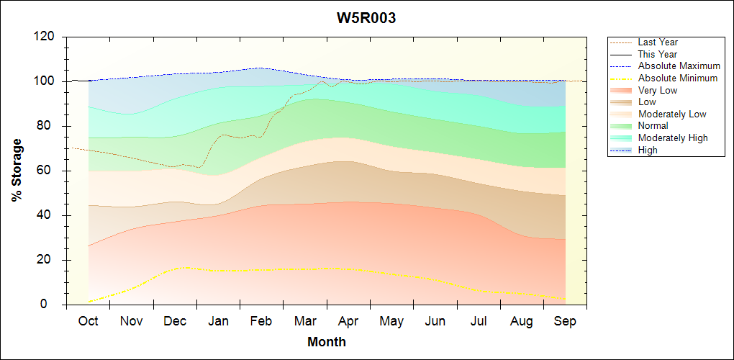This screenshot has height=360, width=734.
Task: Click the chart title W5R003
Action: point(366,18)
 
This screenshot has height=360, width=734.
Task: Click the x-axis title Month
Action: point(327,342)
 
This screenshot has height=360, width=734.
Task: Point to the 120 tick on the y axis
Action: point(47,37)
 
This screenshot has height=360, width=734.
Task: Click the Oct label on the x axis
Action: point(88,321)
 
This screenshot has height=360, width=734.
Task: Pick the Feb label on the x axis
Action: point(261,321)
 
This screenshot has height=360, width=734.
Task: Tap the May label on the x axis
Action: point(391,321)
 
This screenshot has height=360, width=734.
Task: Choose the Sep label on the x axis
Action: point(565,321)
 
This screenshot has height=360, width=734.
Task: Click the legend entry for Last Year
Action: point(658,42)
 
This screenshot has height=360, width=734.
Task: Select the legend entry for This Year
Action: point(658,54)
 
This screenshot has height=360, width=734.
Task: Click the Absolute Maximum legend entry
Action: point(679,66)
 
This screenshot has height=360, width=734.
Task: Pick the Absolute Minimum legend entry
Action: point(678,78)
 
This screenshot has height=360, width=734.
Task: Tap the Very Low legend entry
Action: point(658,90)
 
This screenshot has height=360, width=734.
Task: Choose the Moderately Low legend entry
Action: point(672,114)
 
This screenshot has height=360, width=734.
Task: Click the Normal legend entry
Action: point(653,125)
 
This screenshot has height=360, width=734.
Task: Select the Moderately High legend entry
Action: point(673,138)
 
